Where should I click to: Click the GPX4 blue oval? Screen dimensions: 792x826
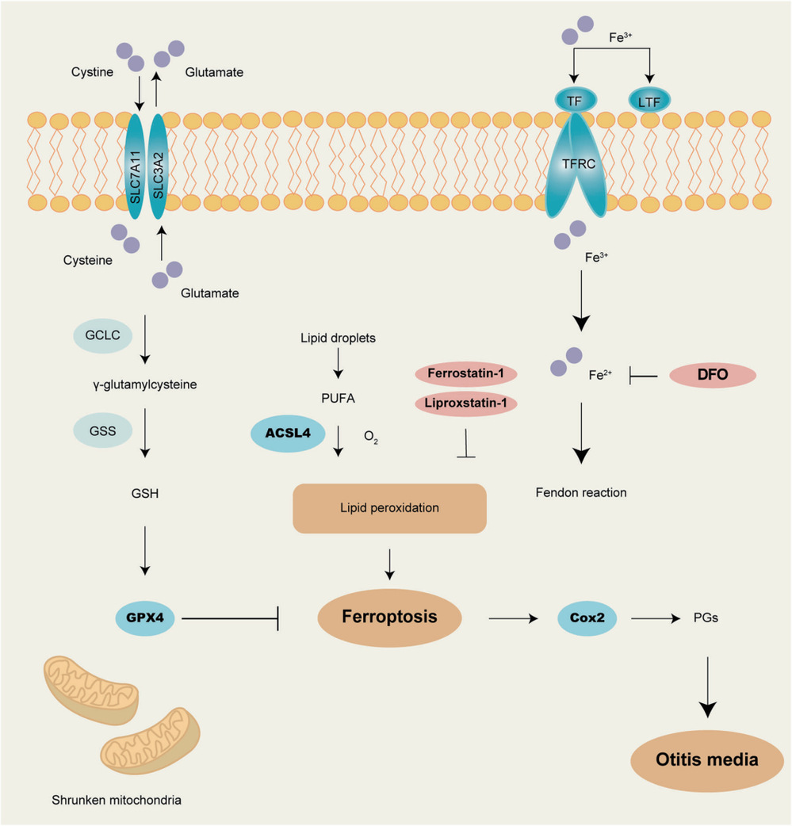[x=145, y=618]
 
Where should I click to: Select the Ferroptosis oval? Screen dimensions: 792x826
[x=389, y=618]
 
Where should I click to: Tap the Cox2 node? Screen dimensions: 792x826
[x=587, y=618]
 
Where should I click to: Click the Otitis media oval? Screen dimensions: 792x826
[x=707, y=760]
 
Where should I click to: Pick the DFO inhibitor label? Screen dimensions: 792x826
[x=713, y=374]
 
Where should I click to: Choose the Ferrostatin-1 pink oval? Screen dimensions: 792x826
[x=466, y=373]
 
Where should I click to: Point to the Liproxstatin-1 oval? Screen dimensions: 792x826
[x=466, y=403]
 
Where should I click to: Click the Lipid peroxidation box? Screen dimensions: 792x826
[x=389, y=508]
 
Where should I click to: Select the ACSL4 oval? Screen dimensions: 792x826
[x=288, y=434]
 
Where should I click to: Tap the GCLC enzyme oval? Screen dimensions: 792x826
[x=103, y=335]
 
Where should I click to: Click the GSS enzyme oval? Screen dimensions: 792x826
[x=103, y=431]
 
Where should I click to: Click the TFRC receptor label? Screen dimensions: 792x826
[x=579, y=164]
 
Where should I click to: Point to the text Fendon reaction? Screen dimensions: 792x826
[x=581, y=492]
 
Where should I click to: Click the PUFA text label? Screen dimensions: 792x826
[x=339, y=398]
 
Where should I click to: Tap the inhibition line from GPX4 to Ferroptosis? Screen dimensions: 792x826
[x=230, y=618]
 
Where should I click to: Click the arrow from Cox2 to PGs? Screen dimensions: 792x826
[x=656, y=618]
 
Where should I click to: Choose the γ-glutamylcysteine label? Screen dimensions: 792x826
[x=145, y=384]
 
